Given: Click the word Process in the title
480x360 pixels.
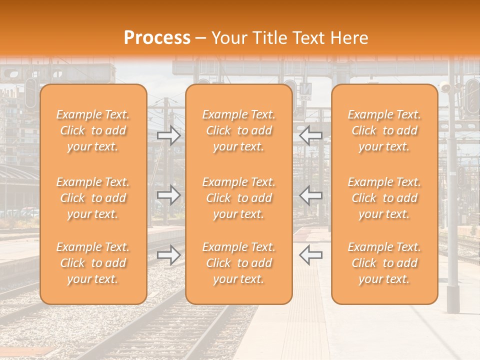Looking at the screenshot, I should tap(157, 37).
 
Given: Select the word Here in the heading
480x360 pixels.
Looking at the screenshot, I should tap(349, 37).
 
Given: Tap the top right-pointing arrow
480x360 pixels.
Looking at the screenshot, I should tap(169, 135).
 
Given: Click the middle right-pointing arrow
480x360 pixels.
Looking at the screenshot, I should tap(169, 195).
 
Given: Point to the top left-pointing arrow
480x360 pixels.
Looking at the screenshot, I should tap(310, 135).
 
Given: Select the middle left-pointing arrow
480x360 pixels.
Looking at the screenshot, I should tap(310, 195).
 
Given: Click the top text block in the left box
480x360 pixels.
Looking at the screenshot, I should tap(93, 130).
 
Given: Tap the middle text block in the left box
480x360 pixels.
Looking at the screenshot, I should tap(93, 198).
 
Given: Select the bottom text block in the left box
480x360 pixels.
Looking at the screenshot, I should tap(93, 263).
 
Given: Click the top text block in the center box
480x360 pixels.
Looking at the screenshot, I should tap(239, 130).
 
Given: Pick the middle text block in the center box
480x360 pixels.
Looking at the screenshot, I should tap(239, 198).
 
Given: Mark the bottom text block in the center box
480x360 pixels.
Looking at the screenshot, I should tap(239, 263).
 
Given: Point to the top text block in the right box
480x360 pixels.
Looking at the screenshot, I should tap(384, 130).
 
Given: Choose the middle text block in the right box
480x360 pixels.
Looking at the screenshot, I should tap(384, 198).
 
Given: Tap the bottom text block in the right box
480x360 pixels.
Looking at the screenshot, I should tap(384, 263).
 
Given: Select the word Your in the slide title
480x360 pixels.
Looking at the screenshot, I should tap(227, 37).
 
